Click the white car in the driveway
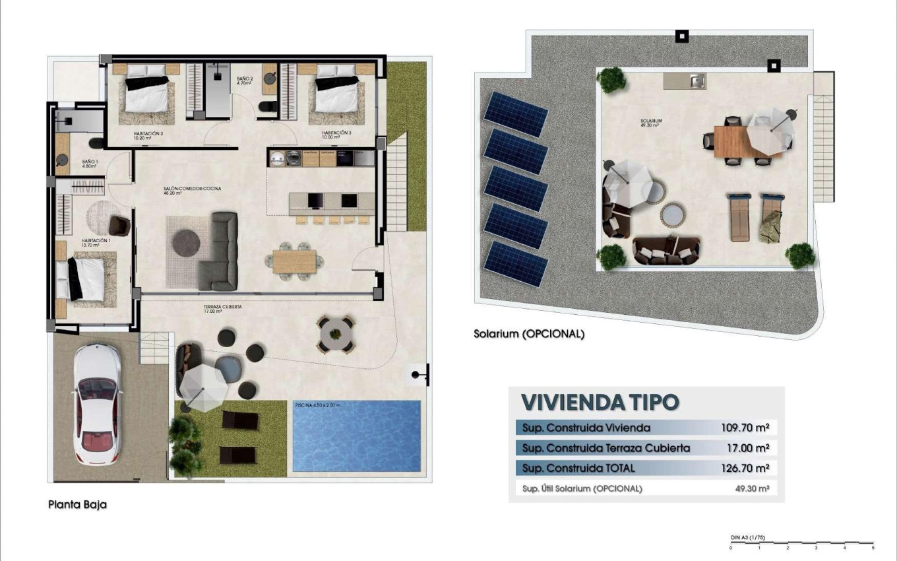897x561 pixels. [x=97, y=404]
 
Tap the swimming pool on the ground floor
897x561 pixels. [x=356, y=436]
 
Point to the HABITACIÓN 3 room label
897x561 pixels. [x=336, y=133]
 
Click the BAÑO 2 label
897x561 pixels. [x=245, y=80]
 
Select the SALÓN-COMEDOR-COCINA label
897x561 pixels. [x=192, y=189]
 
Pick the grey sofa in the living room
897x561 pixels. [x=221, y=251]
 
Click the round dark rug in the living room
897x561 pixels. [x=186, y=243]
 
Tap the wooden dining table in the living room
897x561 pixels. [x=294, y=262]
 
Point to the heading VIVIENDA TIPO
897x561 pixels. [x=600, y=402]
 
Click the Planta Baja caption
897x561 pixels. [x=77, y=505]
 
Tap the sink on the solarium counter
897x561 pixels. [x=696, y=81]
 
